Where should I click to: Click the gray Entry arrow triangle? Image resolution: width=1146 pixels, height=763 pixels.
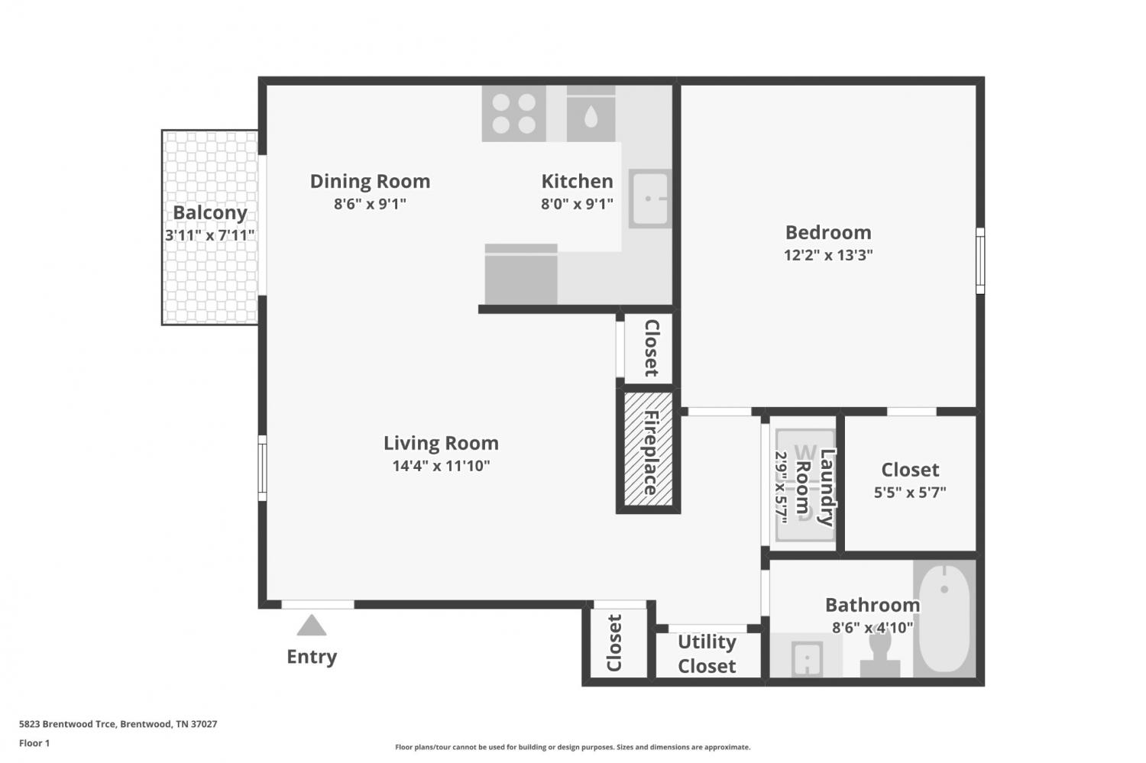click(312, 626)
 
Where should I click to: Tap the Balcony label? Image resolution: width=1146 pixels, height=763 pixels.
click(210, 212)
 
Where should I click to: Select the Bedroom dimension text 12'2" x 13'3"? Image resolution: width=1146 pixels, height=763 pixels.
click(828, 254)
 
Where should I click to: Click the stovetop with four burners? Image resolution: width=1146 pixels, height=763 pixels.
click(513, 114)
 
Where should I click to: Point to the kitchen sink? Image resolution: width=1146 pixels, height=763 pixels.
click(649, 199)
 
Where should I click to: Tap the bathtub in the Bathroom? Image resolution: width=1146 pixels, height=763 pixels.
click(944, 619)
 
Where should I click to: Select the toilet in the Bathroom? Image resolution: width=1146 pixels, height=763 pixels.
click(880, 654)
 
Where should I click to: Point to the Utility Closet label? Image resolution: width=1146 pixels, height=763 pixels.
click(707, 654)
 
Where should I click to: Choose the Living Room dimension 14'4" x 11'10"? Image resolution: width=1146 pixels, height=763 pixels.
click(441, 466)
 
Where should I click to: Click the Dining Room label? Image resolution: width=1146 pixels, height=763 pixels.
click(370, 181)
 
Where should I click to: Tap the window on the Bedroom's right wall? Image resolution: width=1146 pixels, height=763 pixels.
click(980, 260)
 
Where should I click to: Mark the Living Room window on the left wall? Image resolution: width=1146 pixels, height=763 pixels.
click(262, 468)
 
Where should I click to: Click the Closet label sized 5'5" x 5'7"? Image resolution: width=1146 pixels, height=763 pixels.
click(910, 470)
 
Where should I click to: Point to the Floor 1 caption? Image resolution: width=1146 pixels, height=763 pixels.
click(34, 743)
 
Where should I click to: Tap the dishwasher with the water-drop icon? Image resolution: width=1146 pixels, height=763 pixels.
click(591, 114)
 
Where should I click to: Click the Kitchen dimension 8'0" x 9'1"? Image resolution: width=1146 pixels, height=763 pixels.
click(577, 204)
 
